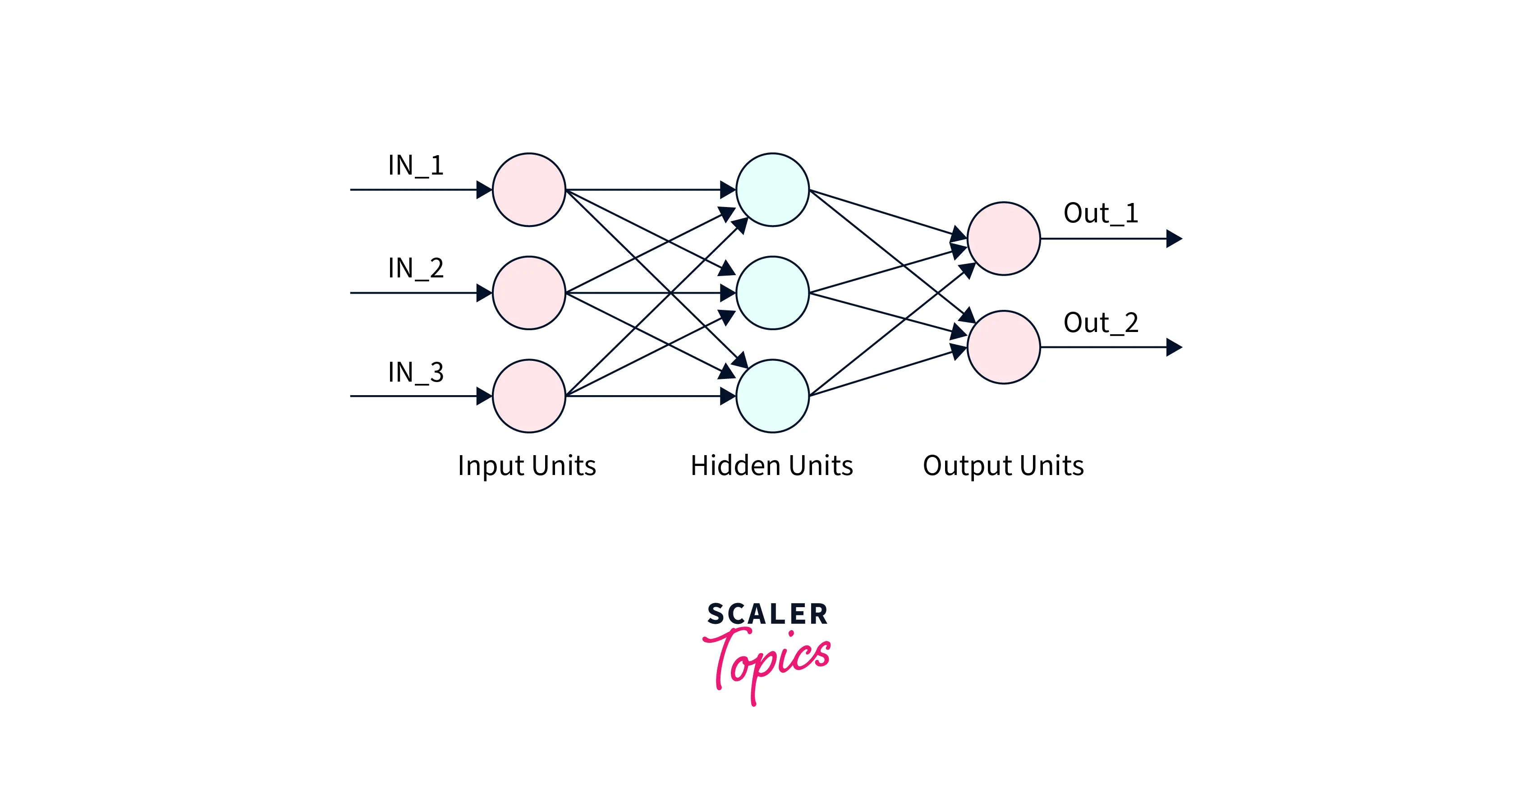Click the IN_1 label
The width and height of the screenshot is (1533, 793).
[415, 166]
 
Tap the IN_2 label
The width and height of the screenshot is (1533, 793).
[415, 268]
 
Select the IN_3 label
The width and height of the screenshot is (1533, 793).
[415, 373]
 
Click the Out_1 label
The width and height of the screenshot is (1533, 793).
[1100, 213]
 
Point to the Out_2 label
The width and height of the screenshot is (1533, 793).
[1100, 323]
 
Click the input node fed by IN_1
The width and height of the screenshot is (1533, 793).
[528, 190]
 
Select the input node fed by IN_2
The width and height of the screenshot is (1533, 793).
[528, 293]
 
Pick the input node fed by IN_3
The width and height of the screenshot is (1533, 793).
[528, 396]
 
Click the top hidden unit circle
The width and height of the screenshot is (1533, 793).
[772, 190]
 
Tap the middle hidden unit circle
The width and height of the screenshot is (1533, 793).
[772, 293]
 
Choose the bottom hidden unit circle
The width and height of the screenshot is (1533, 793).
[772, 396]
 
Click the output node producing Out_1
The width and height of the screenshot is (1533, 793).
[1003, 239]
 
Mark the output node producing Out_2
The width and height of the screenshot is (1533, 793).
[1003, 347]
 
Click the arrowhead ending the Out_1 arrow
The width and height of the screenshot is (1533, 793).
[1174, 239]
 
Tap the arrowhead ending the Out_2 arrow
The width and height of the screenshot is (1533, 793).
[1174, 347]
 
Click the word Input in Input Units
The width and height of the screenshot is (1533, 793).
[493, 466]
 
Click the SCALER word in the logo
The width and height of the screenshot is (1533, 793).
[767, 614]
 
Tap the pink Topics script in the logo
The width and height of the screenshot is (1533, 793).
[768, 661]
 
